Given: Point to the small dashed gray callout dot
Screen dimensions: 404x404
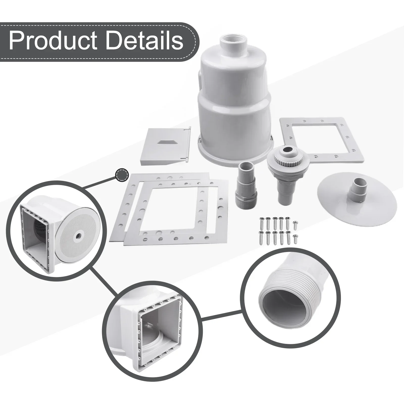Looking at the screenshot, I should tap(122, 175).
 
